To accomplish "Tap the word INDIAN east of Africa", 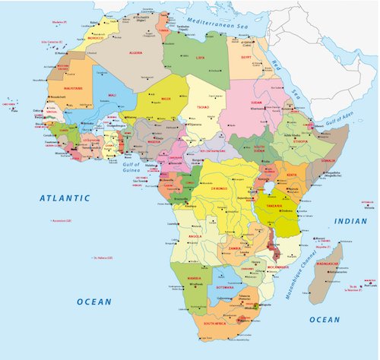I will (x=350, y=221).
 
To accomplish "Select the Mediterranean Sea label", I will (x=214, y=22).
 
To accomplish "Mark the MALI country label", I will (x=112, y=96).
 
